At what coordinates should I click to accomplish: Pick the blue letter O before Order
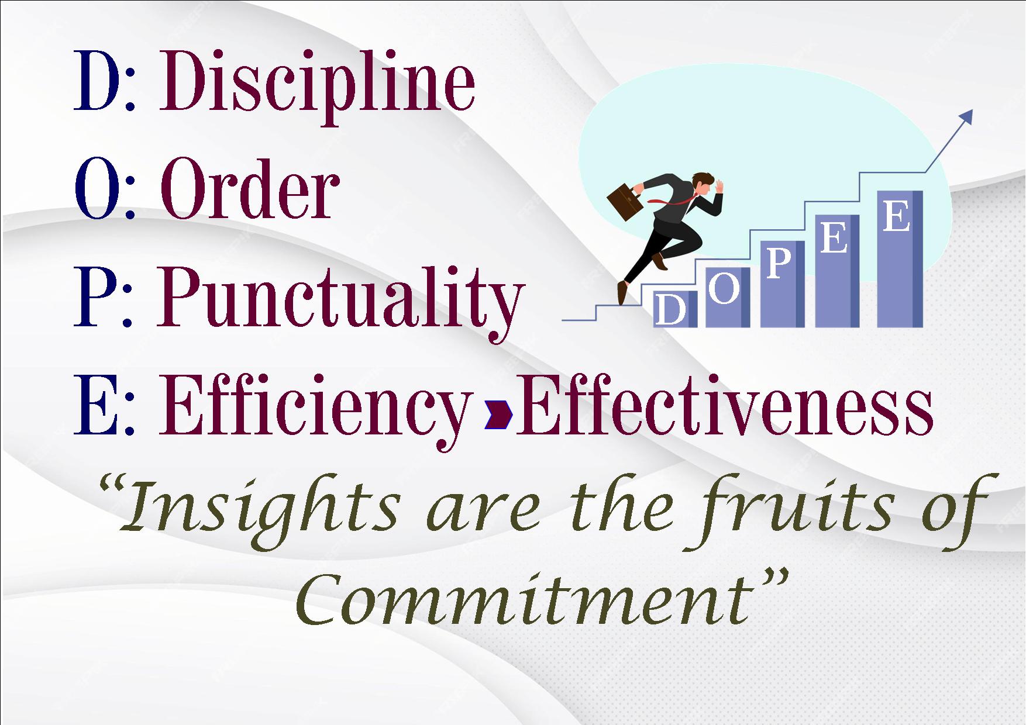coord(97,189)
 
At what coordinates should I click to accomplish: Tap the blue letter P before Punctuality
coord(94,296)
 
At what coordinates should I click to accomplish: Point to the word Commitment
coord(523,599)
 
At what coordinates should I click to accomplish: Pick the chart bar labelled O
coord(728,297)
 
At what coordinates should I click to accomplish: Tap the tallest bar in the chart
coord(900,258)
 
